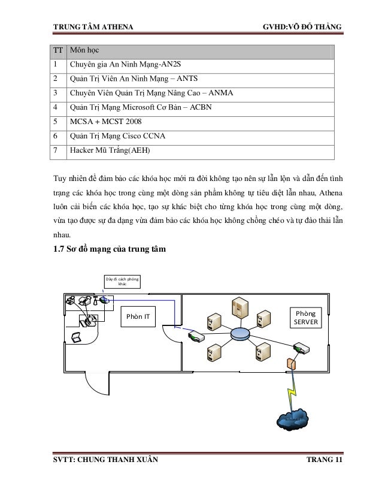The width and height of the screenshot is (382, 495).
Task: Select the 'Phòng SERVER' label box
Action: coord(306,318)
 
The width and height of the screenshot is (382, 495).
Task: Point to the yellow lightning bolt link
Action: coord(294,393)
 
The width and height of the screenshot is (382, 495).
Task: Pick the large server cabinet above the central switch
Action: coord(239,309)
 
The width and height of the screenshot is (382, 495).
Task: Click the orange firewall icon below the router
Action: coord(291,364)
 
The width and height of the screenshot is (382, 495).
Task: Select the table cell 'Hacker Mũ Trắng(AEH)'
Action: coord(107,150)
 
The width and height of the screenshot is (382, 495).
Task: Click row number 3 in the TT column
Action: coord(56,93)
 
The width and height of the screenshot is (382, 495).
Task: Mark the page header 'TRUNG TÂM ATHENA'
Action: coord(93,28)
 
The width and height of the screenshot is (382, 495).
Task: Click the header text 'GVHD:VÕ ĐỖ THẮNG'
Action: coord(298,28)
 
